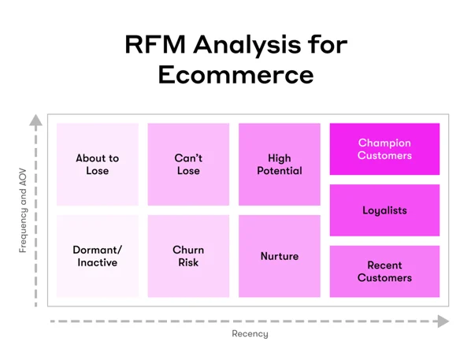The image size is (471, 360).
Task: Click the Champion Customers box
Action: click(384, 149)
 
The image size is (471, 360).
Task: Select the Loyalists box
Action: click(384, 210)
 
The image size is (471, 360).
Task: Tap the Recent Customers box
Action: click(384, 272)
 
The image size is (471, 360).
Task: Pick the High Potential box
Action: click(280, 164)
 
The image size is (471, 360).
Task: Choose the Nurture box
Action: click(280, 256)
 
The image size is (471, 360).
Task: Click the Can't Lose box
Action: click(188, 164)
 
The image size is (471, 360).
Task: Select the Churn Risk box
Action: click(188, 256)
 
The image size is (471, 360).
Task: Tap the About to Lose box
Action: click(98, 164)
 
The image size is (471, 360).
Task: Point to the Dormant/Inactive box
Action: click(98, 256)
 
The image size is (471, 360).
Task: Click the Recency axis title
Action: click(250, 334)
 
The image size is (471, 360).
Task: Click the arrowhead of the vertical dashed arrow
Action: click(35, 121)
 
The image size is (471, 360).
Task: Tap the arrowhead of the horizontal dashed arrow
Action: click(443, 321)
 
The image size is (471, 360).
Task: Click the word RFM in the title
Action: click(154, 44)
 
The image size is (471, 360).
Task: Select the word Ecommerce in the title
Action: click(235, 74)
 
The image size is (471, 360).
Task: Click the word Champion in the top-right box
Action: click(384, 143)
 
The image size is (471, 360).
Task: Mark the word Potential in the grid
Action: click(280, 170)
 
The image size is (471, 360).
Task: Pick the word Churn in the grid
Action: click(188, 250)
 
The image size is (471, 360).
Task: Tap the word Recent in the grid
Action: click(384, 265)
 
